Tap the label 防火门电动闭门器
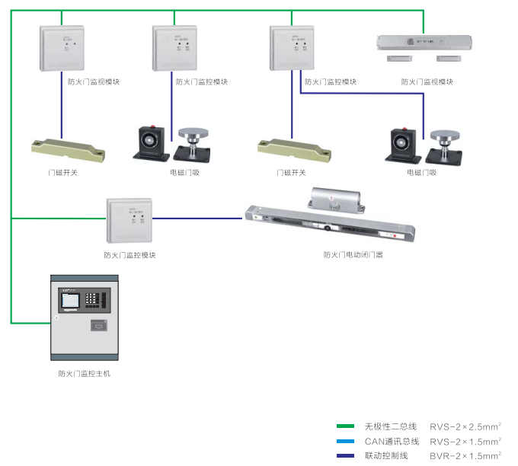point(353,254)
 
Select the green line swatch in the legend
point(345,426)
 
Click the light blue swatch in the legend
point(345,441)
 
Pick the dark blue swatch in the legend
point(345,455)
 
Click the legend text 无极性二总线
point(391,426)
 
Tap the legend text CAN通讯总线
point(392,441)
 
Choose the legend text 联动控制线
point(386,455)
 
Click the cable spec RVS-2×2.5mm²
point(465,426)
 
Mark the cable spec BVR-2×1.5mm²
point(465,455)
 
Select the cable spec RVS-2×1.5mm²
point(465,441)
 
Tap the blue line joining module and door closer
point(198,219)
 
